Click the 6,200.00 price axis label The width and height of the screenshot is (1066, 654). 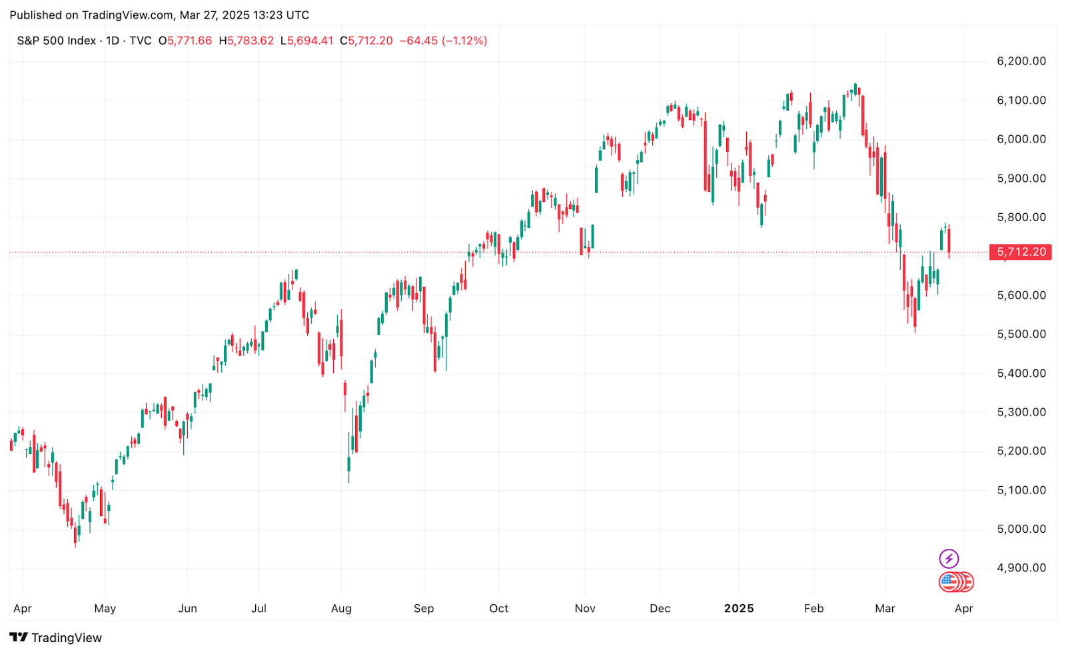coord(1021,61)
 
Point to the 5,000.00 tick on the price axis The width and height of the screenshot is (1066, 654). coord(1021,529)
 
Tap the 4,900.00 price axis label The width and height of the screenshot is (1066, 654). coord(1021,568)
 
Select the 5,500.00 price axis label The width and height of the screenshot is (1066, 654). coord(1021,334)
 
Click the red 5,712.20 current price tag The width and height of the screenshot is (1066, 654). coord(1020,252)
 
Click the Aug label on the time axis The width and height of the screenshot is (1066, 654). coord(341,608)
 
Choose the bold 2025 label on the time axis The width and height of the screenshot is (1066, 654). coord(739,608)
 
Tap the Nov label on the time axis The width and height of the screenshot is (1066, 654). coord(585,608)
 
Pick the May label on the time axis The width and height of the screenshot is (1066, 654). coord(105,608)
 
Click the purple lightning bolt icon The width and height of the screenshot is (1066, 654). coord(949,558)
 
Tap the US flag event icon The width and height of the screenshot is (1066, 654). coord(949,581)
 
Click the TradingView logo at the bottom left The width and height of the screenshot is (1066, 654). coord(56,638)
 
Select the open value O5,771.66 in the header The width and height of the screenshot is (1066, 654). coord(185,41)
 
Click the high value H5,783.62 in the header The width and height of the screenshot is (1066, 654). coord(246,41)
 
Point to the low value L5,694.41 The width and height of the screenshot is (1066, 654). coord(306,41)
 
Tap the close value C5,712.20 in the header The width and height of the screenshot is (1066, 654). coord(366,41)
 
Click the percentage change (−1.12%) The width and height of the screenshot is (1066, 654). coord(464,41)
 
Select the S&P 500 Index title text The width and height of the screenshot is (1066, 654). coord(57,41)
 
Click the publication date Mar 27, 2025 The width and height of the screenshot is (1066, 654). coord(215,15)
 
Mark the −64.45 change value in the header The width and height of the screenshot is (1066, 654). coord(418,41)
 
